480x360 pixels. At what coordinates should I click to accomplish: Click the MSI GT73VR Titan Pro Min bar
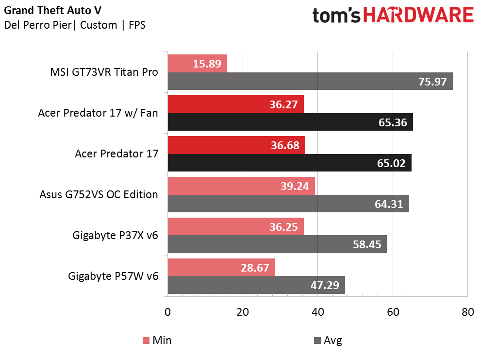tap(198, 64)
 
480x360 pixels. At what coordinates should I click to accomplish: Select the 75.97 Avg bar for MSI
tap(310, 81)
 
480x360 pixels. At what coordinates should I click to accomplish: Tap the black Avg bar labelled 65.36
tap(290, 122)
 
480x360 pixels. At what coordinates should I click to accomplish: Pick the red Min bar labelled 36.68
tap(236, 145)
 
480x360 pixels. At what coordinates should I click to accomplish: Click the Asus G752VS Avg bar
tap(288, 204)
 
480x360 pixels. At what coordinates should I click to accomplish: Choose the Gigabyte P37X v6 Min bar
tap(236, 226)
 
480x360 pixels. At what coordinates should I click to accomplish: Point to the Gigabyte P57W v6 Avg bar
tap(256, 285)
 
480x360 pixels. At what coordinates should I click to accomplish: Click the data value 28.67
tap(255, 268)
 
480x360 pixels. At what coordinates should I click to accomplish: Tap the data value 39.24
tap(295, 186)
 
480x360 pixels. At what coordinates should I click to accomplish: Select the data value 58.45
tap(367, 244)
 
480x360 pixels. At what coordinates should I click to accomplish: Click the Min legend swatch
tap(146, 341)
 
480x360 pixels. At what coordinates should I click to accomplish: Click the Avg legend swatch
tap(317, 341)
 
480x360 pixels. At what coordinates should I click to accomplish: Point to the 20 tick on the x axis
tap(243, 312)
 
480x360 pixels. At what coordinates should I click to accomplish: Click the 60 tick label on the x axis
tap(393, 312)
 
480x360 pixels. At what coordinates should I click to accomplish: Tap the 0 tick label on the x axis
tap(168, 312)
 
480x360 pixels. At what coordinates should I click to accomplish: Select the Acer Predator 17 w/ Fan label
tap(98, 113)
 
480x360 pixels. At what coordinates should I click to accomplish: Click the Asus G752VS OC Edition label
tap(99, 194)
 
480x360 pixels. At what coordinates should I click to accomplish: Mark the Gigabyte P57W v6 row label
tap(113, 276)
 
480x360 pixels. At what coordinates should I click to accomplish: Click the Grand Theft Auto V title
tap(52, 10)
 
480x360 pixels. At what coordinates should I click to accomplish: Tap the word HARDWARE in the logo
tap(418, 15)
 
